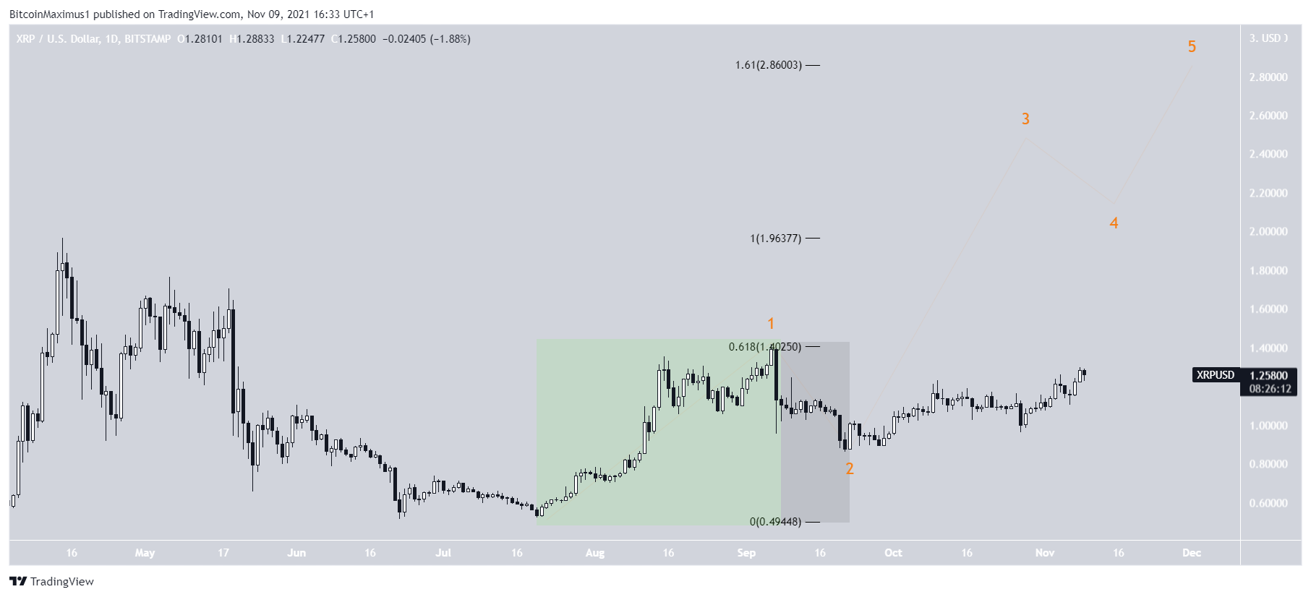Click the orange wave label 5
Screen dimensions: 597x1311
1192,47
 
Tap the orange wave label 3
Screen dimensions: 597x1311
1025,119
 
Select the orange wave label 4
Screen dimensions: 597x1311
1114,223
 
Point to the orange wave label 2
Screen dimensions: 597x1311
850,469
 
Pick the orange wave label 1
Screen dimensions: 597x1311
771,324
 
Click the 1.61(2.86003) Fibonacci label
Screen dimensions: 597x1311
768,65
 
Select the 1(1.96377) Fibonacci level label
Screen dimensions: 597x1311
775,239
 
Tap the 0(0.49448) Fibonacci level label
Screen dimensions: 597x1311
775,522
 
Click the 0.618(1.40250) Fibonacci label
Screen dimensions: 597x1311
764,347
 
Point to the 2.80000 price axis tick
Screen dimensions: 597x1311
1268,77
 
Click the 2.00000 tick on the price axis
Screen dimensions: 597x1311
1268,232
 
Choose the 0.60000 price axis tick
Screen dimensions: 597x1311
1268,503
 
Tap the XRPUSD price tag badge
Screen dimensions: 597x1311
1215,375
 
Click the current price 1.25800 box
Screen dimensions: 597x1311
1269,376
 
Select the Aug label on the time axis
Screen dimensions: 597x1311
594,553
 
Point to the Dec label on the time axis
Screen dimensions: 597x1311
1191,553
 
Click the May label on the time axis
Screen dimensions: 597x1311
145,553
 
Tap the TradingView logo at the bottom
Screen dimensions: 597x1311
52,582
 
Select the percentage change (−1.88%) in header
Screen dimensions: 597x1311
450,39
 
